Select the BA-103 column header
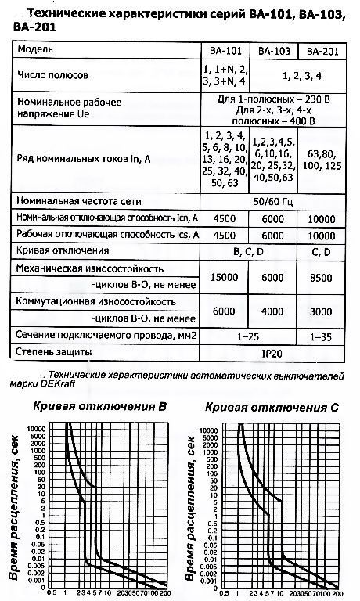click(272, 51)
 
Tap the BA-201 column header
click(322, 51)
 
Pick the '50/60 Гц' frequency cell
click(273, 200)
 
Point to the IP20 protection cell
click(273, 353)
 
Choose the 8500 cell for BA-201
click(322, 276)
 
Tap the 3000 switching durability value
click(322, 311)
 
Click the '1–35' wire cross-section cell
click(322, 335)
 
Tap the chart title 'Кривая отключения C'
click(270, 407)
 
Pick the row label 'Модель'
click(34, 51)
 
